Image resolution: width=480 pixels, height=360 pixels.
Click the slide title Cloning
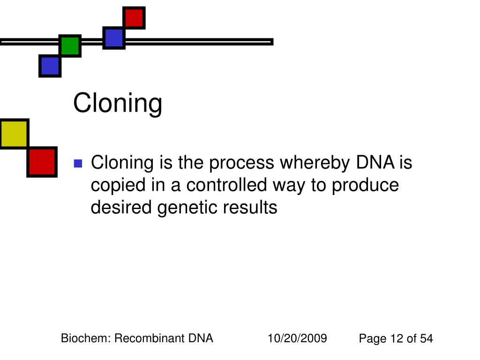pyautogui.click(x=118, y=103)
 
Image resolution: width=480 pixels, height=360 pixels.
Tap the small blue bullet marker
pyautogui.click(x=78, y=164)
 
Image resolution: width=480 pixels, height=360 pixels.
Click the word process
pyautogui.click(x=241, y=163)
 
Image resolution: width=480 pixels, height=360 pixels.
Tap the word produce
pyautogui.click(x=366, y=186)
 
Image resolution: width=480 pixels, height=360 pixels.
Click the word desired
pyautogui.click(x=121, y=207)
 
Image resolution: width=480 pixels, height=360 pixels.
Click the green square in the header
pyautogui.click(x=70, y=45)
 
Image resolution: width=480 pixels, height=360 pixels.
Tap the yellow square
pyautogui.click(x=14, y=134)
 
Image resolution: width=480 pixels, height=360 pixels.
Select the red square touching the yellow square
pyautogui.click(x=42, y=162)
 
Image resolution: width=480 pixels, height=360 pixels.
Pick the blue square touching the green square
pyautogui.click(x=50, y=66)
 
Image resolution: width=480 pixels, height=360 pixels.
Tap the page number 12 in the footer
pyautogui.click(x=397, y=339)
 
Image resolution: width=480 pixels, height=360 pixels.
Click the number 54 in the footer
pyautogui.click(x=426, y=339)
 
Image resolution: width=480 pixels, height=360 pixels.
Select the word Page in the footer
pyautogui.click(x=372, y=339)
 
